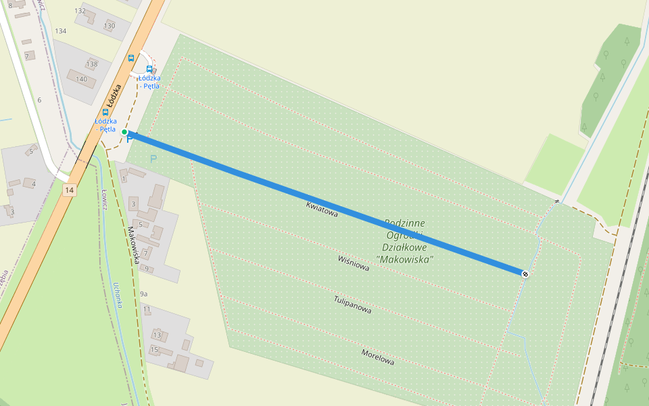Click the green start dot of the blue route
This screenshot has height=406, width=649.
[x=124, y=132]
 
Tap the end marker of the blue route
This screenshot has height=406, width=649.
[x=525, y=273]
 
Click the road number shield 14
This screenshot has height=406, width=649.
[x=69, y=190]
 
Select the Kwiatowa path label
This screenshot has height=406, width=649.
[x=322, y=208]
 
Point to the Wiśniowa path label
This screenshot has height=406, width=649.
[x=354, y=263]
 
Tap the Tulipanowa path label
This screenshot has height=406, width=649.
[x=352, y=304]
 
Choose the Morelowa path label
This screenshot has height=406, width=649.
[x=377, y=357]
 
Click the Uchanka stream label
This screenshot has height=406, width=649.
[x=118, y=294]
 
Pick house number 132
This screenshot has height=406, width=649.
[x=80, y=11]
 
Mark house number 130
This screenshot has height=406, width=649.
[x=110, y=26]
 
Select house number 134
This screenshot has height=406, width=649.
[x=61, y=31]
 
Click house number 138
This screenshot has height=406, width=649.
[x=92, y=64]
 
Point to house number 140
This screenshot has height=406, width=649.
[x=81, y=79]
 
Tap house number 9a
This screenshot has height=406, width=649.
[x=143, y=294]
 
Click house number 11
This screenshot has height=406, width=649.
[x=147, y=309]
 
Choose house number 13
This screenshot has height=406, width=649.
[x=157, y=335]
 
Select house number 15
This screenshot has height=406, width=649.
[x=154, y=350]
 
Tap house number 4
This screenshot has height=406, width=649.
[x=33, y=183]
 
